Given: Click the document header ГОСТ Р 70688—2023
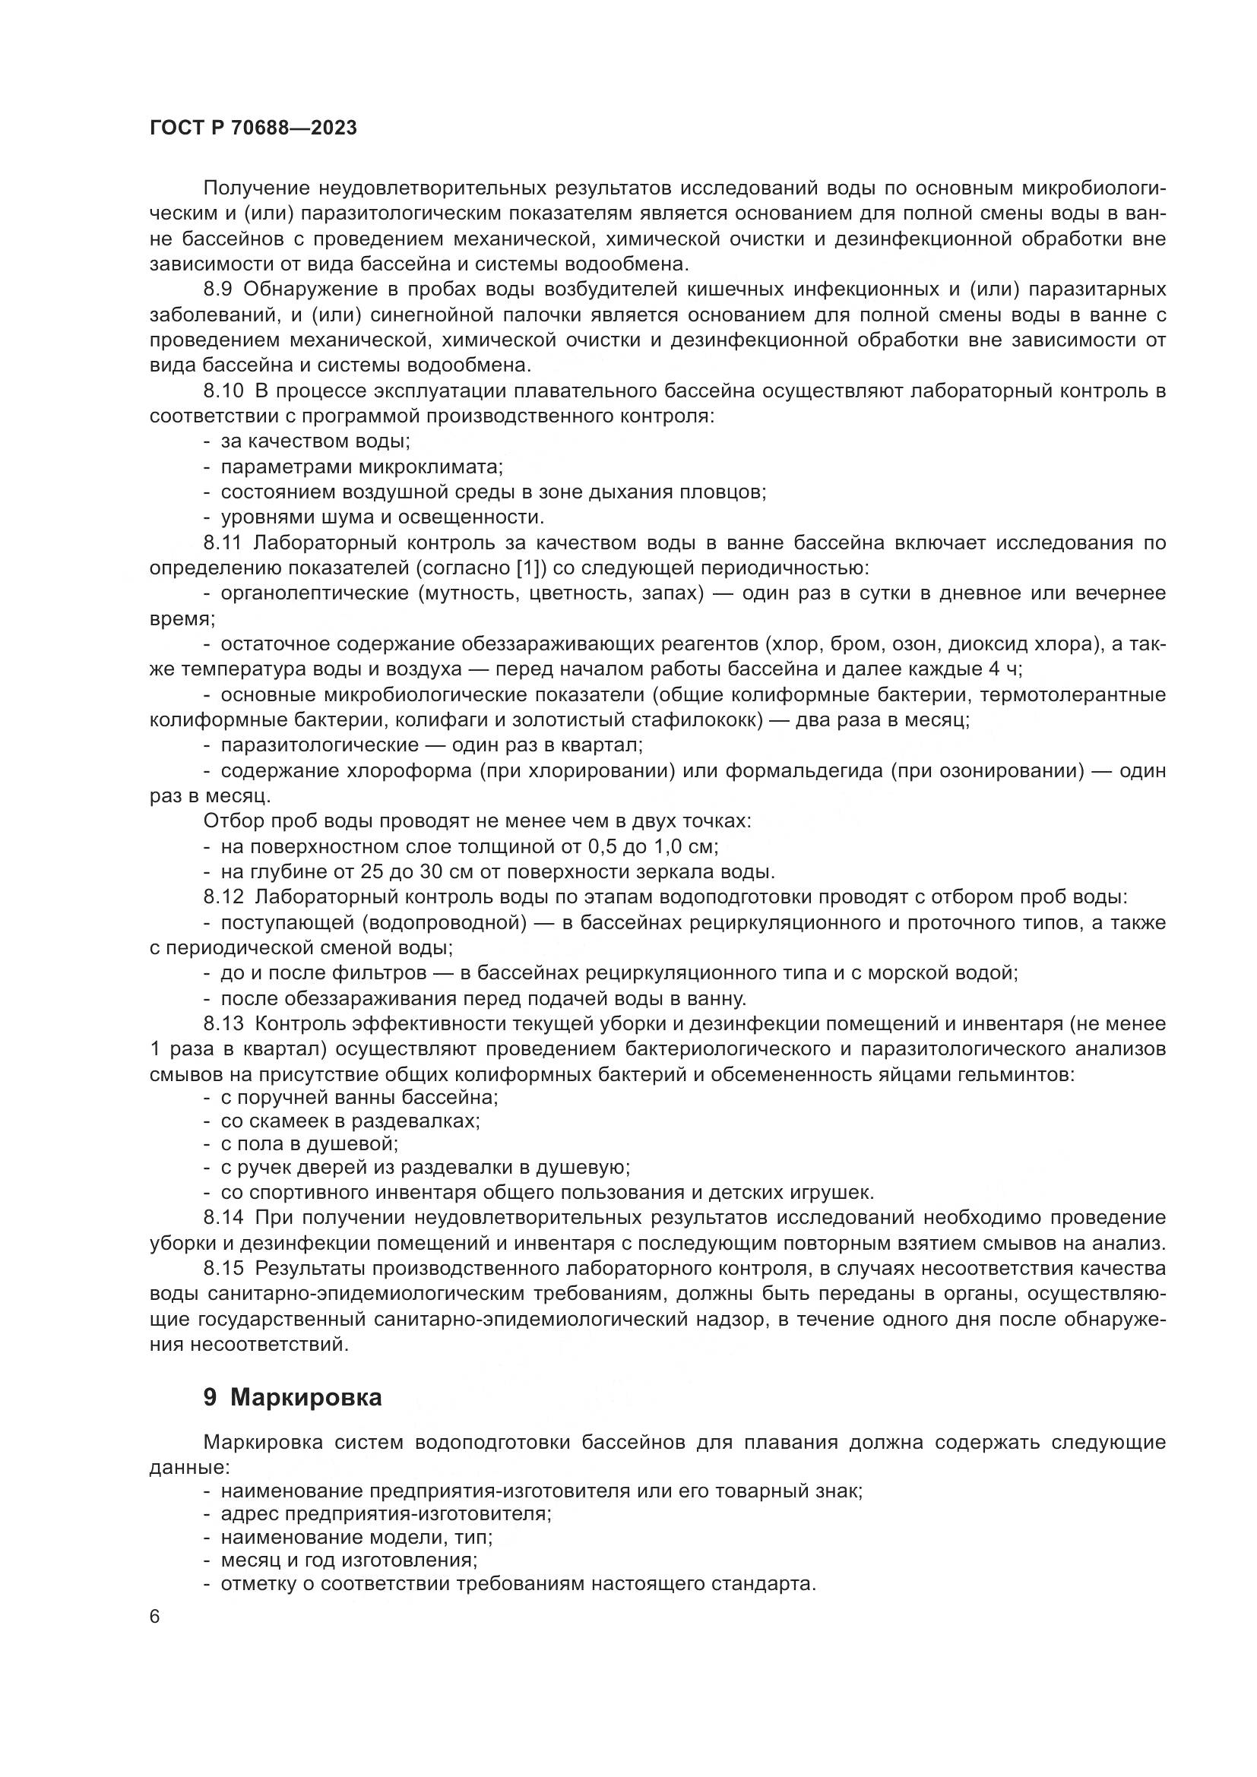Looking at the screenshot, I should point(253,128).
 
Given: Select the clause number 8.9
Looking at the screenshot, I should point(220,289).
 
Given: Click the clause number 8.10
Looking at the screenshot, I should point(223,390).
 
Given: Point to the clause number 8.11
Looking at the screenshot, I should point(223,542).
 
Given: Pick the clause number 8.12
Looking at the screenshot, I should point(223,897).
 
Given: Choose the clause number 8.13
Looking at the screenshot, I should point(223,1024).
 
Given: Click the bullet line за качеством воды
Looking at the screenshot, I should point(315,442).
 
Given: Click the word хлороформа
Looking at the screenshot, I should point(410,771).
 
